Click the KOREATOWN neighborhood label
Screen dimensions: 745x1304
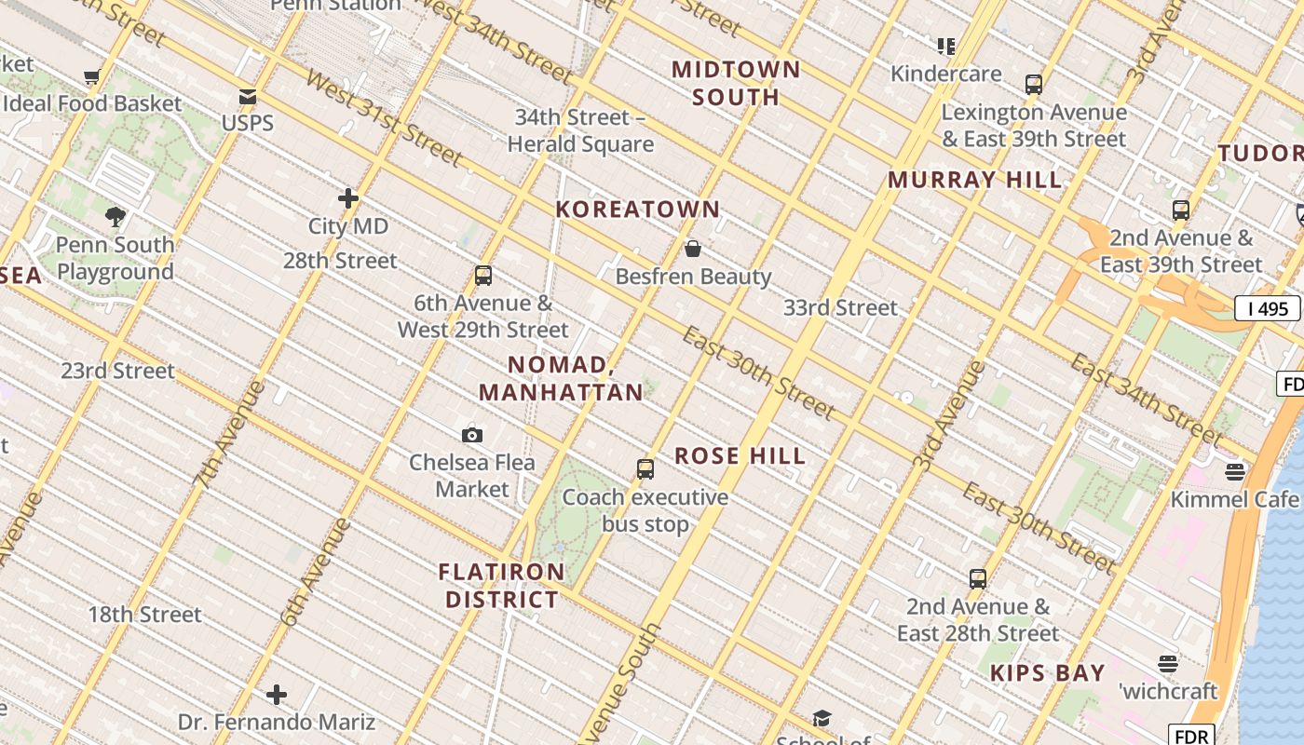coord(638,210)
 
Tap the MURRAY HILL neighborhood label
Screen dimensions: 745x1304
coord(974,180)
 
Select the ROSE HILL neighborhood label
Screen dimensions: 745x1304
coord(740,456)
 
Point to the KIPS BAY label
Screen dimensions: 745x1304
coord(1048,673)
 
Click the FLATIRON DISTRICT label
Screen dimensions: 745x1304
coord(503,585)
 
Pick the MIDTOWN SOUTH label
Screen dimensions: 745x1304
coord(736,83)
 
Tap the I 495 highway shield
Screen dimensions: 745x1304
coord(1267,308)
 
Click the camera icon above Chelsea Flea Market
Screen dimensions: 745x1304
coord(472,435)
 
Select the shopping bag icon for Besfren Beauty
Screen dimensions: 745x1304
coord(693,249)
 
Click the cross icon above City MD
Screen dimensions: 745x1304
coord(348,198)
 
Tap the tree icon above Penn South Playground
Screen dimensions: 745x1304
coord(115,217)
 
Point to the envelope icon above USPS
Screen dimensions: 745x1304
coord(248,96)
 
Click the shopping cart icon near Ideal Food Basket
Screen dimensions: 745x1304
coord(91,76)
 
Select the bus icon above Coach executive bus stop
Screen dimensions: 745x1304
coord(645,469)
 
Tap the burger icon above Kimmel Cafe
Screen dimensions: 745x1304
coord(1235,471)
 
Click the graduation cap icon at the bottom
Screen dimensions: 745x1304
coord(822,718)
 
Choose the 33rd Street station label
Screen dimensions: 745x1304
coord(840,307)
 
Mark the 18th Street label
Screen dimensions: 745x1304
coord(144,615)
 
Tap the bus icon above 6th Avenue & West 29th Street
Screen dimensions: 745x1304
coord(482,276)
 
